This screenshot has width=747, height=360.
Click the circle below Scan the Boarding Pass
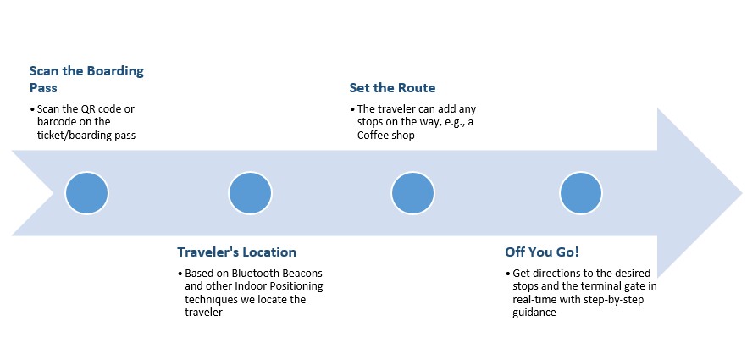(86, 193)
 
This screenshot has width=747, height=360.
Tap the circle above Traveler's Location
(250, 193)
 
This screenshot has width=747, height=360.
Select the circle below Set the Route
(412, 193)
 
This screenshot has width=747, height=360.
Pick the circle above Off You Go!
(581, 193)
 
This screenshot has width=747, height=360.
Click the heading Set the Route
(392, 88)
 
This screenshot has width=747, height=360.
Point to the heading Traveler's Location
(237, 252)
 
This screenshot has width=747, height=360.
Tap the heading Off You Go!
(542, 252)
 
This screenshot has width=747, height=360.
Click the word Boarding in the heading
(115, 71)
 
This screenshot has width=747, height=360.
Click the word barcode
(56, 122)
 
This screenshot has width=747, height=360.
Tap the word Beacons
(303, 274)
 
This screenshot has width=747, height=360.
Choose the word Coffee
(373, 136)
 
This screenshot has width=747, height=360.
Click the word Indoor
(251, 286)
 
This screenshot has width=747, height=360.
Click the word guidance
(534, 313)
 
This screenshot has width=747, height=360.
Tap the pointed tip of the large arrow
(742, 193)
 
